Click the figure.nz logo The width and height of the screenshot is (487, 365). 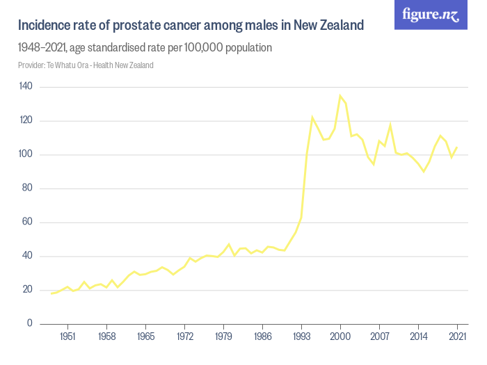[431, 15]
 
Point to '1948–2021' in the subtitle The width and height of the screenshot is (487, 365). [43, 48]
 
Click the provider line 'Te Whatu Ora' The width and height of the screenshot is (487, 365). [70, 65]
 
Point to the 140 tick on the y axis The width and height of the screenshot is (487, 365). [26, 86]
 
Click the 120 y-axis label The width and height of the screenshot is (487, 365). [26, 120]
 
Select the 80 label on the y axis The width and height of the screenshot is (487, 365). [27, 188]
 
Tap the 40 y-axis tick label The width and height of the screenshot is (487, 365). [27, 256]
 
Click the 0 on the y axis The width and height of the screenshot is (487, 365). [30, 323]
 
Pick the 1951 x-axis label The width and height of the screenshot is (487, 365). [67, 336]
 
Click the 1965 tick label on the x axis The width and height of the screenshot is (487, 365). [145, 336]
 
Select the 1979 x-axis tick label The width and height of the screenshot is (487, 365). [223, 336]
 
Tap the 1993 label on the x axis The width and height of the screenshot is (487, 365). [301, 336]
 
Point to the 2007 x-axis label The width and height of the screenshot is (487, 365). [379, 336]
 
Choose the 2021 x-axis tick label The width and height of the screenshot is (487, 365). [457, 336]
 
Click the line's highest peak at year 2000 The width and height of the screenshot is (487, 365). [340, 95]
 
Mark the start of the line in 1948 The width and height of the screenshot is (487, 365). [51, 293]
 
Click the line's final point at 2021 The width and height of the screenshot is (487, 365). [457, 147]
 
